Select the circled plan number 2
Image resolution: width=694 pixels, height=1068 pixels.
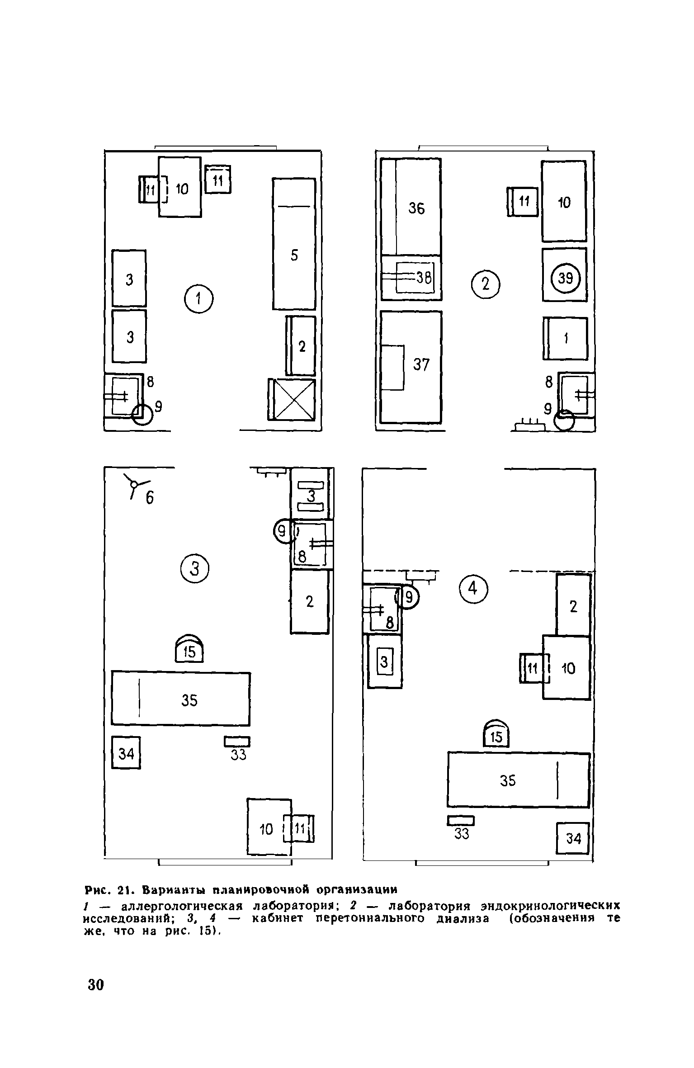coord(486,284)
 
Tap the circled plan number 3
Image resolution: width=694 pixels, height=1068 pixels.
coord(195,570)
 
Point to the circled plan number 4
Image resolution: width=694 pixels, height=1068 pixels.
coord(473,589)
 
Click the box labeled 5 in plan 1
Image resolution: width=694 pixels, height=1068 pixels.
coord(294,244)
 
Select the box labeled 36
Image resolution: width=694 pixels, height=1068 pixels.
coord(411,207)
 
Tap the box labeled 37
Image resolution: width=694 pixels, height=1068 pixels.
coord(411,367)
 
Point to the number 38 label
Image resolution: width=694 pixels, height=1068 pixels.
coord(424,278)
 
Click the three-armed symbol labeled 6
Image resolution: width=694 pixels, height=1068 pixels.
coord(134,485)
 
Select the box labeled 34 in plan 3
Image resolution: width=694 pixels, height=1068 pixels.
coord(126,753)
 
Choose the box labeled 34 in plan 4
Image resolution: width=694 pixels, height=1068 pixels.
coord(573,838)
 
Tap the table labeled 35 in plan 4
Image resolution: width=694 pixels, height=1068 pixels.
coord(519,780)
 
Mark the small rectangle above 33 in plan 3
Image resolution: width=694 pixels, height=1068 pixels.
coord(237,742)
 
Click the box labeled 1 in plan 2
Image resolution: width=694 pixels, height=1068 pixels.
coord(566,339)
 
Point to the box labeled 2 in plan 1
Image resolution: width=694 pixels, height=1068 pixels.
coord(302,346)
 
